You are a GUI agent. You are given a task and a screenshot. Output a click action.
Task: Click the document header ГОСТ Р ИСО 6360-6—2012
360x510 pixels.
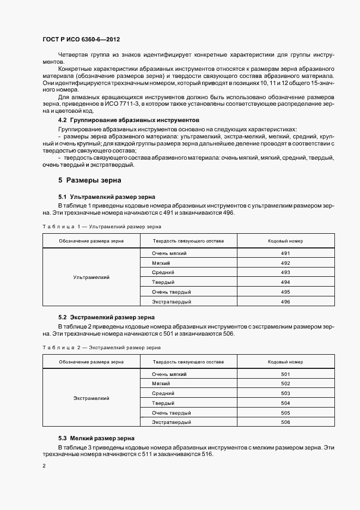tap(81, 40)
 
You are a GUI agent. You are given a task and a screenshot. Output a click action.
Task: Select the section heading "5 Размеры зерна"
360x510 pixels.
tap(90, 180)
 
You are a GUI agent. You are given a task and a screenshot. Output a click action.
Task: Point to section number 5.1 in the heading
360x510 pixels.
tap(62, 196)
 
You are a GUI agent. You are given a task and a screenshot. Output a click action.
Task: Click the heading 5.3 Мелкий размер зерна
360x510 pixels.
tap(97, 438)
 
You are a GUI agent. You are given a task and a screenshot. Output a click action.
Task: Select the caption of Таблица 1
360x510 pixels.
tap(101, 226)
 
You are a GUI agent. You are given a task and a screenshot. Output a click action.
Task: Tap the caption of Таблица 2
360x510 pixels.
tap(101, 347)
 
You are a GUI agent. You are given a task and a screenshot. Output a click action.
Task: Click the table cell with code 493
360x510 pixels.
tap(285, 272)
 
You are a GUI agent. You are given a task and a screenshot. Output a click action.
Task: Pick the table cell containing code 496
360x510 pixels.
tap(285, 301)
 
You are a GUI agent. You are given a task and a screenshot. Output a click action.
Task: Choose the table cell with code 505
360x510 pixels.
tap(285, 412)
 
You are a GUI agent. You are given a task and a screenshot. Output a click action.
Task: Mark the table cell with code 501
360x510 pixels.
tap(285, 374)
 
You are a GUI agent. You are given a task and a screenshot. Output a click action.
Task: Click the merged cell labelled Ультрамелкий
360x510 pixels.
tap(91, 277)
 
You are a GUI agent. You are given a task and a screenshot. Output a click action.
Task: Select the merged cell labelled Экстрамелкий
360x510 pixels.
tap(91, 398)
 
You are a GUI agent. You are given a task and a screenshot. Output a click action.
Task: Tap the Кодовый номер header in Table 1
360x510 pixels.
tap(285, 240)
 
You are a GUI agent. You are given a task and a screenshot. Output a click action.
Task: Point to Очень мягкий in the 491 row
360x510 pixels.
tap(170, 253)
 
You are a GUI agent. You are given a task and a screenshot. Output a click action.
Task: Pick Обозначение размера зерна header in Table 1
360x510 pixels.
tap(91, 240)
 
